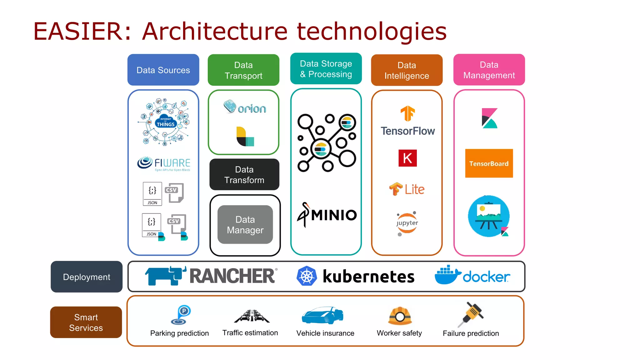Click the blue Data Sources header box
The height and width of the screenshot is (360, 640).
pyautogui.click(x=163, y=70)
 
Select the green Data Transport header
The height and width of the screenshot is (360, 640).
pyautogui.click(x=243, y=70)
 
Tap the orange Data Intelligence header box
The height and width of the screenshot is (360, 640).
pyautogui.click(x=407, y=70)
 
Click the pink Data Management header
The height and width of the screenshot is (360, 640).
pyautogui.click(x=489, y=70)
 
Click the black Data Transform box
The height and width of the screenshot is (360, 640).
pyautogui.click(x=244, y=174)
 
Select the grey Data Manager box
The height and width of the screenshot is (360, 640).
pyautogui.click(x=245, y=224)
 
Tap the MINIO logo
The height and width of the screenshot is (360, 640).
pyautogui.click(x=327, y=215)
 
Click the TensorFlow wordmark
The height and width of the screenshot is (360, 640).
pyautogui.click(x=407, y=131)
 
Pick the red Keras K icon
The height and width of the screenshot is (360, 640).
pyautogui.click(x=407, y=158)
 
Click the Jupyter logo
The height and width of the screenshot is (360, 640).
pyautogui.click(x=407, y=223)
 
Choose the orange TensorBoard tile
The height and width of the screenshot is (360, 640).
pyautogui.click(x=489, y=163)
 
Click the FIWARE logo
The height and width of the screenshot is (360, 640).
pyautogui.click(x=163, y=163)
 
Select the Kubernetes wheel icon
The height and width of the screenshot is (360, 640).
pyautogui.click(x=307, y=276)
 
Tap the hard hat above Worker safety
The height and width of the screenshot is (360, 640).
pyautogui.click(x=400, y=316)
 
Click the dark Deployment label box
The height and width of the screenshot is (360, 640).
pyautogui.click(x=87, y=277)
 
